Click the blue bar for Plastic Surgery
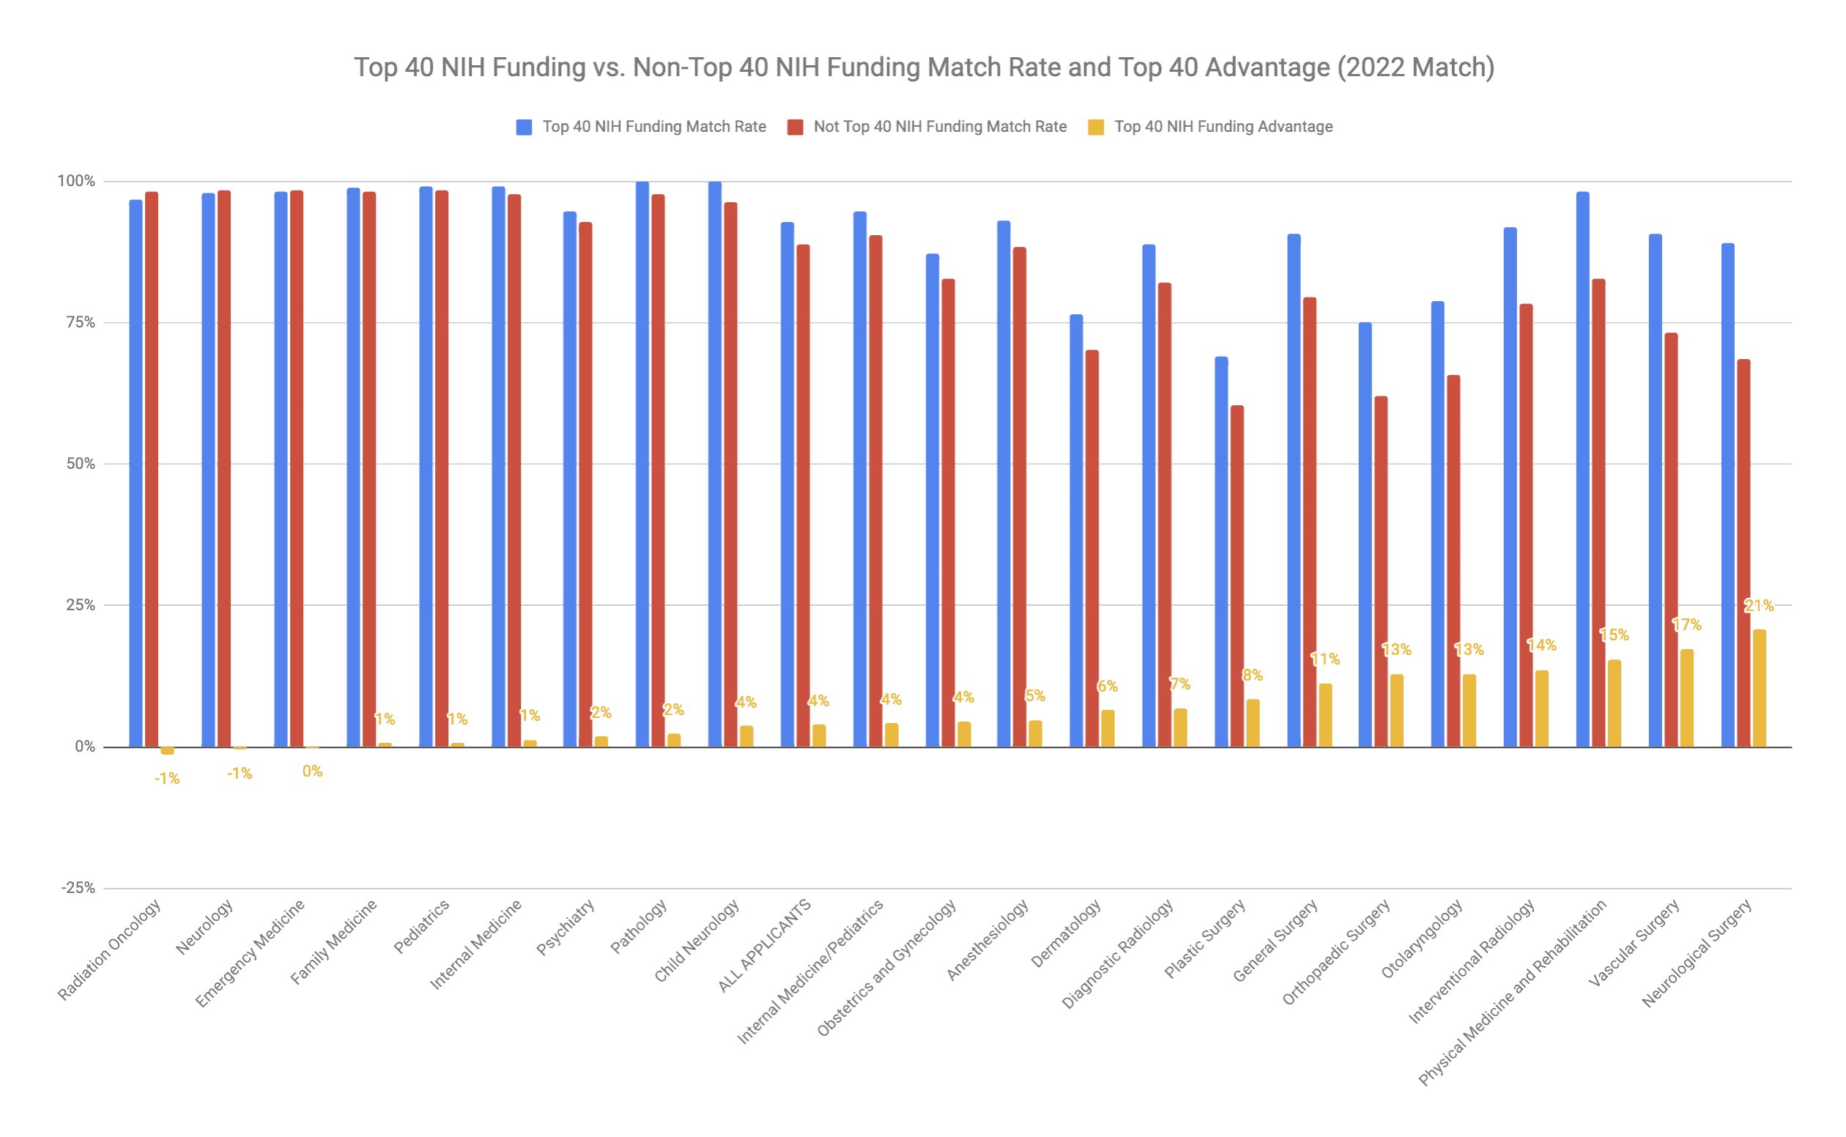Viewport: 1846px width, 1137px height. [x=1221, y=552]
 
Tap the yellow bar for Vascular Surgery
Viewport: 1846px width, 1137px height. [x=1687, y=699]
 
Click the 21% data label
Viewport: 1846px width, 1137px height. [x=1759, y=606]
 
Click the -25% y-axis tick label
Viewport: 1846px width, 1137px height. [x=78, y=888]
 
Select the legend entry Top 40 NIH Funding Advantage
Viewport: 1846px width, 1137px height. [x=1223, y=127]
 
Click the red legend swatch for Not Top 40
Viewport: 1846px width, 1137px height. [x=795, y=127]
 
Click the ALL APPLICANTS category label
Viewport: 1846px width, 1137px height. [x=764, y=945]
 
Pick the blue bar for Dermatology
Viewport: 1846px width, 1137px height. [x=1076, y=531]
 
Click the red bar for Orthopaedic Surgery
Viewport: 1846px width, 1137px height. [x=1382, y=572]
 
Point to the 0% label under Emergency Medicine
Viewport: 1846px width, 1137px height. [x=312, y=771]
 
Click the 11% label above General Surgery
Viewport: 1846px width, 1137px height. [x=1325, y=659]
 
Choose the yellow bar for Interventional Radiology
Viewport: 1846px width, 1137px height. [x=1541, y=709]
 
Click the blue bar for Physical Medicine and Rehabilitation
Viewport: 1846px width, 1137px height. [x=1583, y=470]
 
